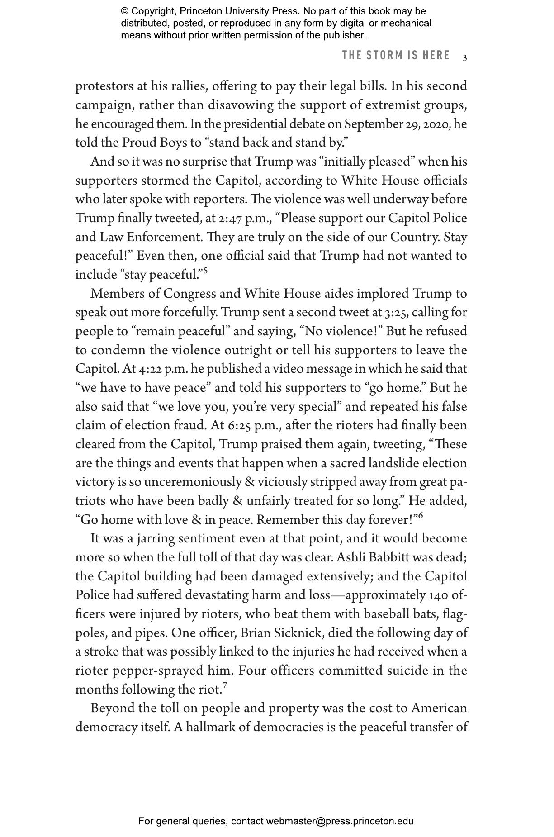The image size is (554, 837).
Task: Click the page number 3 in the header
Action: pos(465,57)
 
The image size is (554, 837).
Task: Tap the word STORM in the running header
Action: pos(384,56)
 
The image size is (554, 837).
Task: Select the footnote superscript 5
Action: pos(205,271)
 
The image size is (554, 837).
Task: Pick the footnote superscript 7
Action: pos(225,686)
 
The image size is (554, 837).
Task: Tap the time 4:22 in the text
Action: pos(150,369)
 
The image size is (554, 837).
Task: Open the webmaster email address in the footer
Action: pos(340,821)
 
